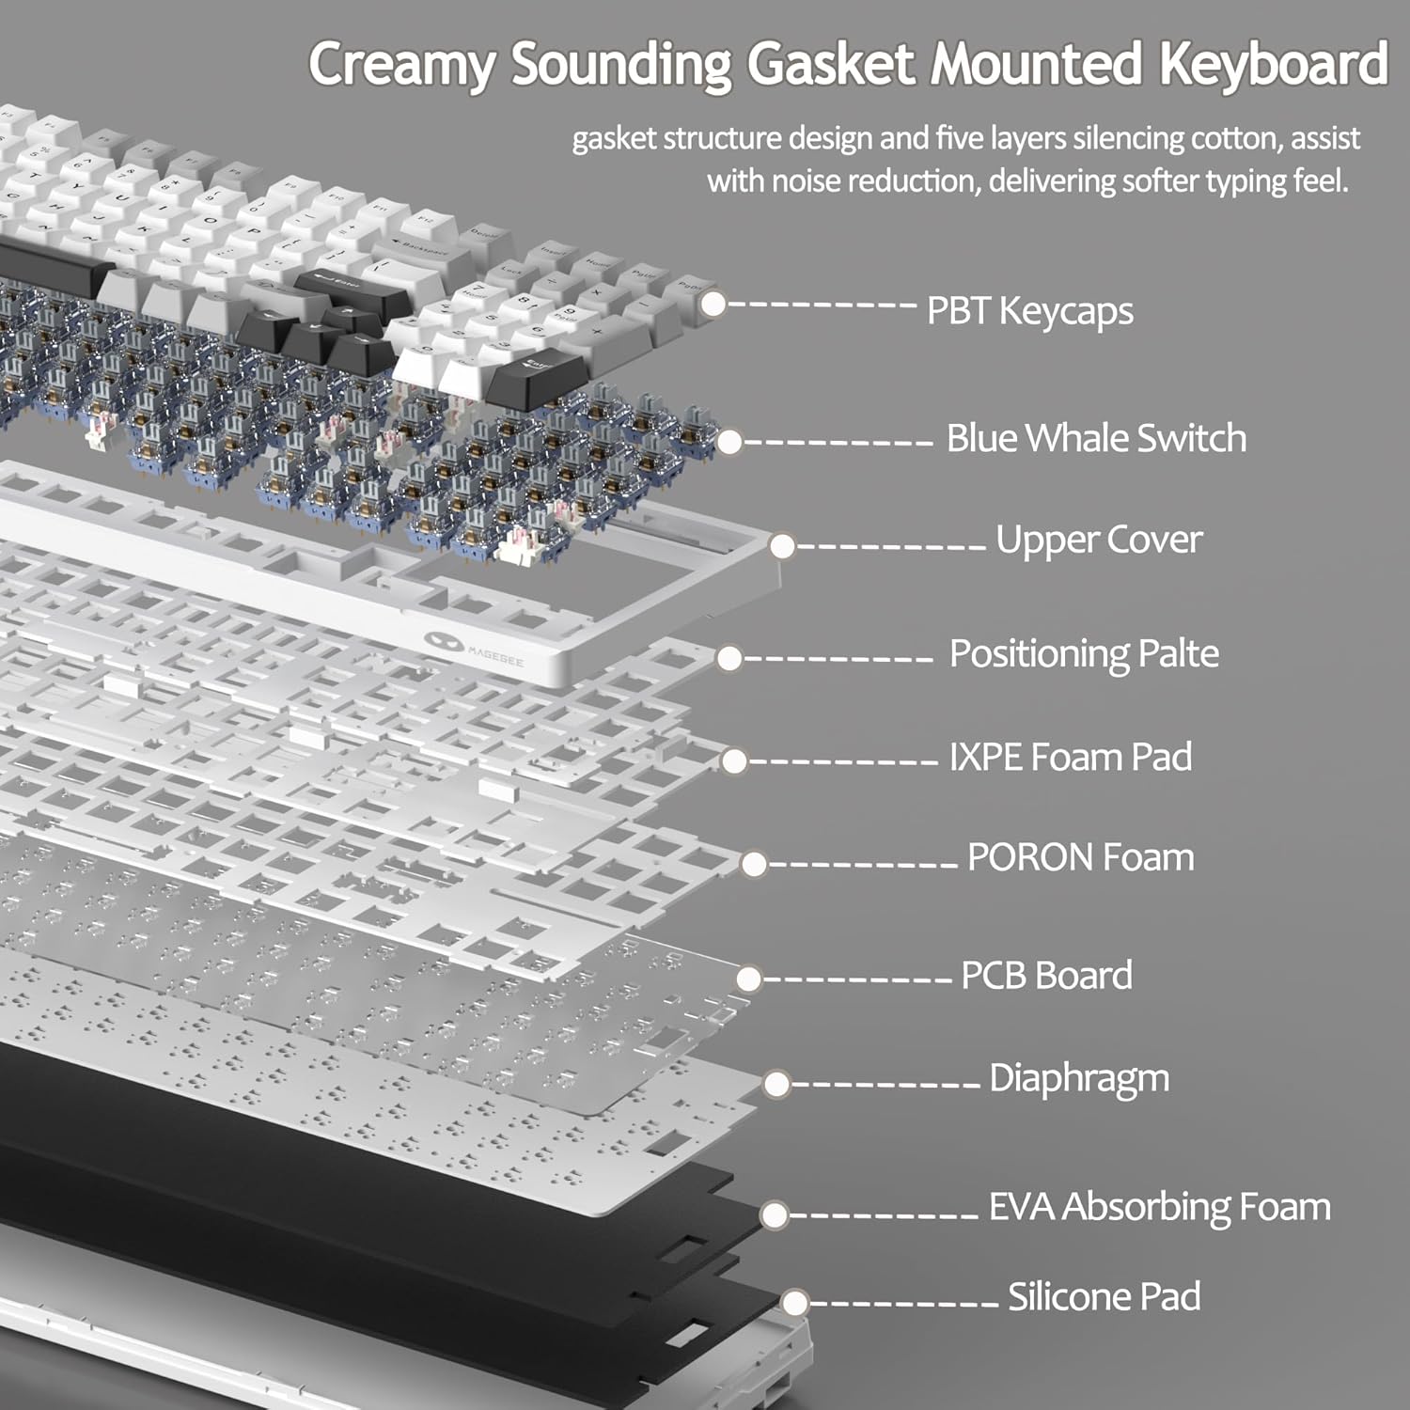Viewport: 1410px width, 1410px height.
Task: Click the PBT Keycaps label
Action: pos(1030,311)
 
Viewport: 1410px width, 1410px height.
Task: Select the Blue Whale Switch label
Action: pos(1096,438)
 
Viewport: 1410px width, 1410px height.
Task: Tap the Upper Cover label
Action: pos(1099,540)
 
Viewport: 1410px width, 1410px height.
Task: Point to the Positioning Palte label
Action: pos(1084,653)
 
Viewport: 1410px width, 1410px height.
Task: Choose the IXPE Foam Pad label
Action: pos(1071,757)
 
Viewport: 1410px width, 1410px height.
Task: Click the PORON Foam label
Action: pos(1081,857)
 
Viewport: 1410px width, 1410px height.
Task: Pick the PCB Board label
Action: pos(1046,976)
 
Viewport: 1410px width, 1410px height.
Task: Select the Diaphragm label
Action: pos(1079,1079)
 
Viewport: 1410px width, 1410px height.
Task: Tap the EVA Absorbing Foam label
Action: pos(1160,1208)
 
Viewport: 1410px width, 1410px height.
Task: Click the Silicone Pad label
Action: pos(1104,1297)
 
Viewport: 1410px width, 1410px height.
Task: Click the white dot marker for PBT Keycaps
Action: pos(713,304)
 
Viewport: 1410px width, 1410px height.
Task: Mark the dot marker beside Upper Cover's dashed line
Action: pos(782,545)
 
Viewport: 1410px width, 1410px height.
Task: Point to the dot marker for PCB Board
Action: pos(748,979)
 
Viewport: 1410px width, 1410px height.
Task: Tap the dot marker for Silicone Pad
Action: pos(795,1303)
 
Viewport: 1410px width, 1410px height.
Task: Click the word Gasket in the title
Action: pos(830,64)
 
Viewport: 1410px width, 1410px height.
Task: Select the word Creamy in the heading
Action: pos(401,66)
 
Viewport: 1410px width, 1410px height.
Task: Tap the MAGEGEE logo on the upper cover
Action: pos(474,648)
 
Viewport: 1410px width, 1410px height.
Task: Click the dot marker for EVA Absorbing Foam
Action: pos(775,1214)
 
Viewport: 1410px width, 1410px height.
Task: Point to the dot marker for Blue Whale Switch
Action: pos(728,441)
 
